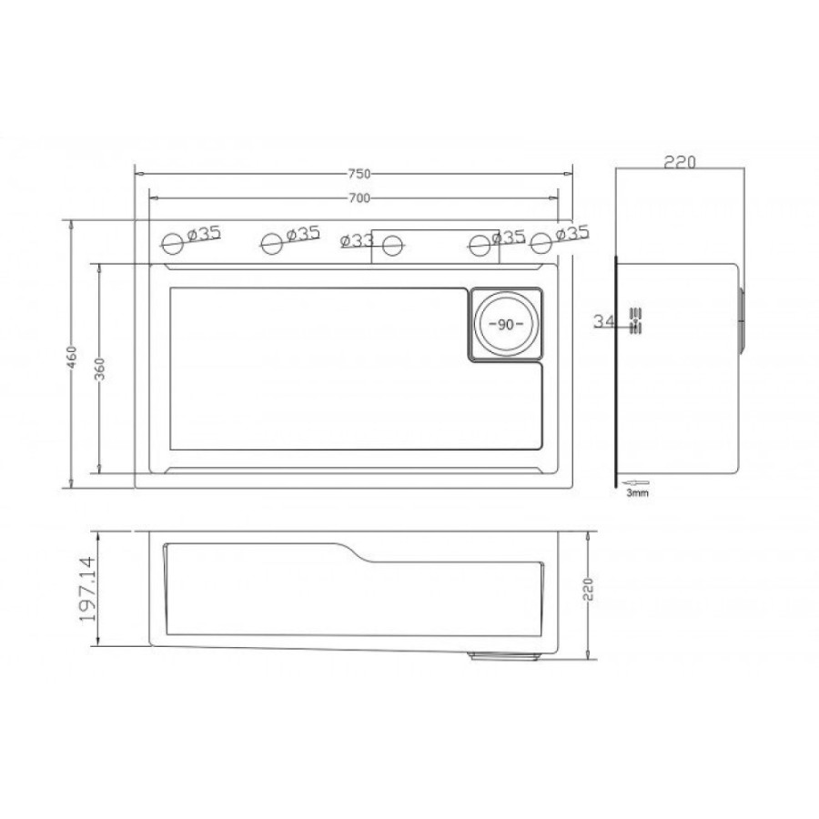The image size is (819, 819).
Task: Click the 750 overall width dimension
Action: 359,174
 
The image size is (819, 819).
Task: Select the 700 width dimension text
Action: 359,198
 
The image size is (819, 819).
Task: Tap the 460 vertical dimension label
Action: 72,358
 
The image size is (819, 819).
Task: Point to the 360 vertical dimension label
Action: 100,369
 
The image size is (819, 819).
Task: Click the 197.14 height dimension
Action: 87,589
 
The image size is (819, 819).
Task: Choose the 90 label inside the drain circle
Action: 506,324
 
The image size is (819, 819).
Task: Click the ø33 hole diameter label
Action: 357,240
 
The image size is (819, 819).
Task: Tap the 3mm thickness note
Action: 637,492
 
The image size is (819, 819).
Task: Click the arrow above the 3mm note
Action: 636,482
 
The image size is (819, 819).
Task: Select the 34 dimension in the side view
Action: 604,320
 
